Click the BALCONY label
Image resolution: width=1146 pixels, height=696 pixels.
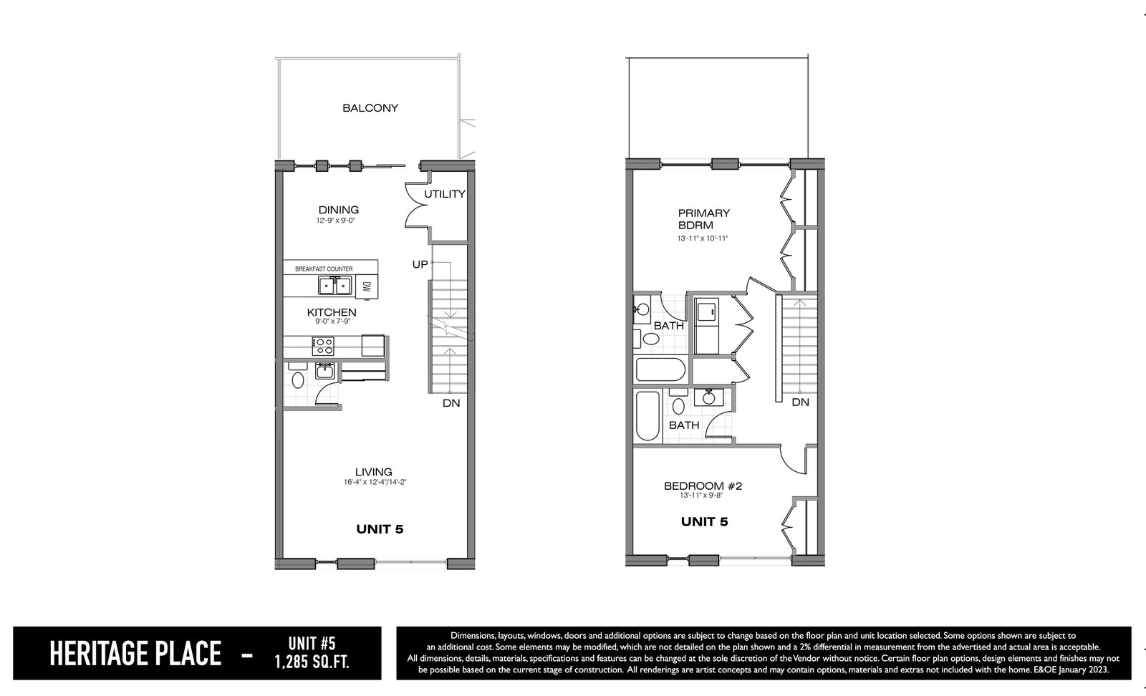[370, 108]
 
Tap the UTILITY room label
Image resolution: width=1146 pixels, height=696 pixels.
[445, 194]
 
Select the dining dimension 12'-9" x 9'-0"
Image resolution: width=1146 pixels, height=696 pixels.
[336, 221]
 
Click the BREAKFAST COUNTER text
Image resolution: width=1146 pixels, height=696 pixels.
[324, 269]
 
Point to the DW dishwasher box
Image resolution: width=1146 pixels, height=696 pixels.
[366, 287]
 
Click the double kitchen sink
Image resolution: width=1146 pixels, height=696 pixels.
[335, 286]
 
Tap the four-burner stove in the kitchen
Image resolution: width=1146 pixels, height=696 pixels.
[323, 347]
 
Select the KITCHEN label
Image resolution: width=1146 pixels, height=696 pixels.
[332, 312]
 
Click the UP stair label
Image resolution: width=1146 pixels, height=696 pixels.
[420, 264]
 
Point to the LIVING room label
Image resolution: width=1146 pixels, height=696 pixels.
[374, 472]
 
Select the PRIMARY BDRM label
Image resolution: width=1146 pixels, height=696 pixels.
[704, 219]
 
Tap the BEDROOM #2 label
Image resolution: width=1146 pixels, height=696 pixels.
[703, 485]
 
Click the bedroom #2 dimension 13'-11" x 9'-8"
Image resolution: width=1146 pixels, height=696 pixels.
[701, 495]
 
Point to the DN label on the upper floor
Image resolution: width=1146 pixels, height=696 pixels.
[800, 402]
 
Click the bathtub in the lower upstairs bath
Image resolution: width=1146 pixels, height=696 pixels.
[648, 416]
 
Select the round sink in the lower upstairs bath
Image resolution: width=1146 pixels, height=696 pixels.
[709, 397]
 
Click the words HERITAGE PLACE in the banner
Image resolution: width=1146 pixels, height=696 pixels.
[135, 654]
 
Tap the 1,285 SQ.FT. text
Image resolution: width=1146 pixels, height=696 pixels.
[312, 662]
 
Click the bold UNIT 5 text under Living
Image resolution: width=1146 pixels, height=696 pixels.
[380, 529]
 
